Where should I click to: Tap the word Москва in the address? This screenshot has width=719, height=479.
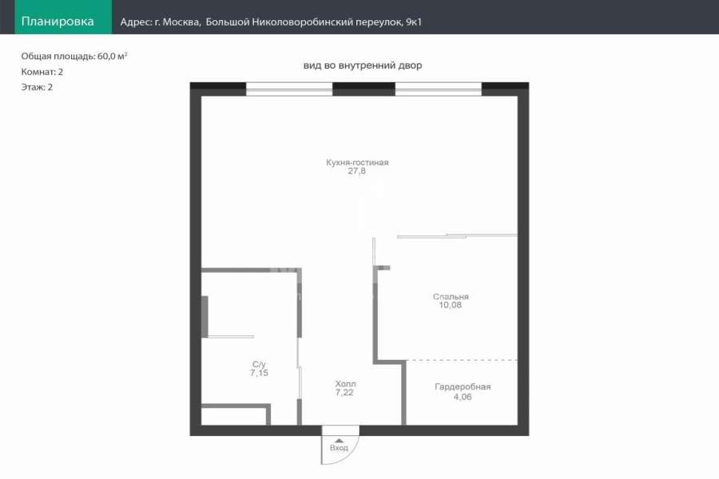click(181, 22)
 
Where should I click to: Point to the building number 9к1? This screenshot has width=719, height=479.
click(414, 22)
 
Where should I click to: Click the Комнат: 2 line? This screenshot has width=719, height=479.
click(42, 72)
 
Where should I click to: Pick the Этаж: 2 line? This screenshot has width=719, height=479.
click(37, 87)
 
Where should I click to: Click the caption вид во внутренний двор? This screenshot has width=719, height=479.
click(362, 65)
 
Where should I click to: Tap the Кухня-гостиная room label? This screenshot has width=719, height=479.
click(357, 162)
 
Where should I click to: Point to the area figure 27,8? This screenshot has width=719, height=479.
click(357, 171)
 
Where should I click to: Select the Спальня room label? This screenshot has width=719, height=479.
click(451, 296)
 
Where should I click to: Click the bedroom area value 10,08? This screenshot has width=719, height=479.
click(451, 305)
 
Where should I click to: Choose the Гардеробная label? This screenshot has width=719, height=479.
click(463, 387)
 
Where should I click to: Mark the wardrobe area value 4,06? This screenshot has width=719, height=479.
click(463, 397)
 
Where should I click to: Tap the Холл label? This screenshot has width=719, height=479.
click(345, 384)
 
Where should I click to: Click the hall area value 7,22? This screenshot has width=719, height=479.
click(344, 392)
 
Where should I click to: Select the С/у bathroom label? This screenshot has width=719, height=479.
click(259, 364)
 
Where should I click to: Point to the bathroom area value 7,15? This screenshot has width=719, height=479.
click(259, 373)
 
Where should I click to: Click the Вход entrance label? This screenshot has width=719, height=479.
click(339, 448)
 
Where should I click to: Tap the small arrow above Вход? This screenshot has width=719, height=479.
click(339, 441)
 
